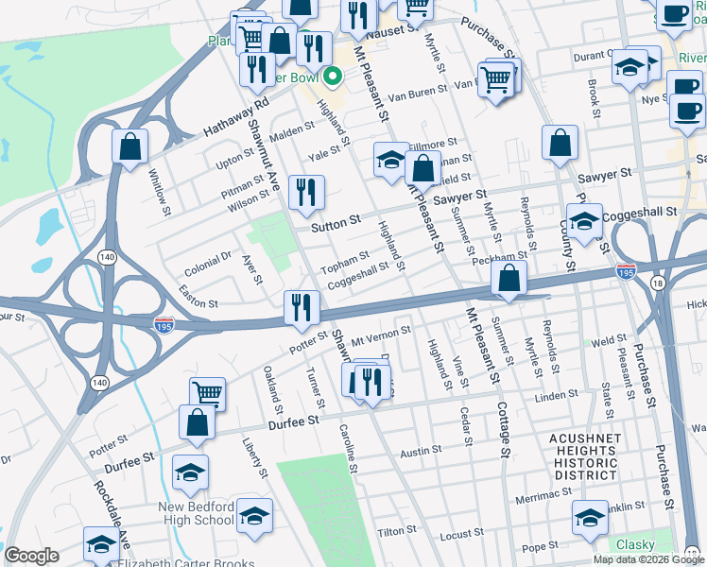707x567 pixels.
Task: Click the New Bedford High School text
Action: [x=197, y=513]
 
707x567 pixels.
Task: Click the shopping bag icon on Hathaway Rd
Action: [x=129, y=146]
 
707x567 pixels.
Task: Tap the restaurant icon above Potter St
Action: [x=302, y=306]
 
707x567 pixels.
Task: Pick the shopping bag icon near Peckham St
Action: [x=509, y=279]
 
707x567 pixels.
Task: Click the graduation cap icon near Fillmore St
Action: [x=390, y=159]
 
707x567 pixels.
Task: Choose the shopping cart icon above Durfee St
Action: [x=207, y=393]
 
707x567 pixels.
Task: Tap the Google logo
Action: [x=31, y=556]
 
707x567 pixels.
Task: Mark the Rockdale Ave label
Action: [x=110, y=508]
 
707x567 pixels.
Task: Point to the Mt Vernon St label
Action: [x=380, y=334]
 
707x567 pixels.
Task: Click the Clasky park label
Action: [x=635, y=545]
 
